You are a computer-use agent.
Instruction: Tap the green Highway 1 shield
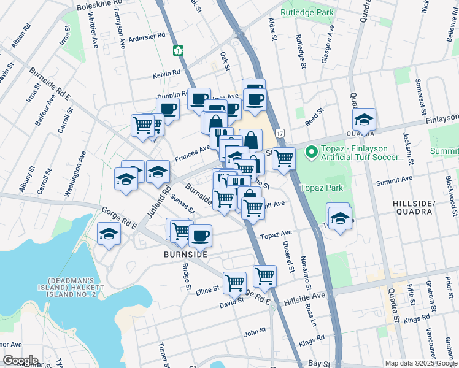(179, 50)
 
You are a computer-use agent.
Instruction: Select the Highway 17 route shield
(280, 133)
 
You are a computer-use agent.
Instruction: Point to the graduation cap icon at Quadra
(364, 120)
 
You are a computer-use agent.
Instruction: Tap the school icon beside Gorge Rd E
(109, 234)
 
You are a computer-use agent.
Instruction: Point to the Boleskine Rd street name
(99, 7)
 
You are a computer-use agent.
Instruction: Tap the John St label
(255, 331)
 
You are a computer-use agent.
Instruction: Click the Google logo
(20, 361)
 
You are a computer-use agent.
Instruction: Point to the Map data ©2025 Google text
(420, 363)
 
